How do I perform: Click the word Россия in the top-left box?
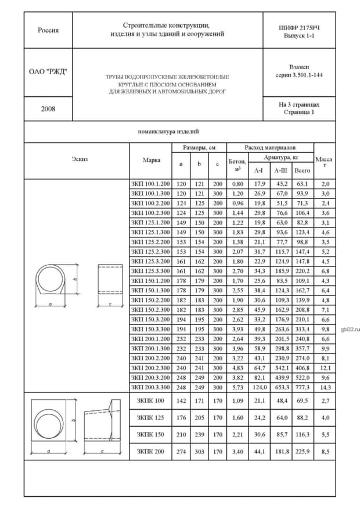pyautogui.click(x=48, y=30)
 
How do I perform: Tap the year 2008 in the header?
pyautogui.click(x=48, y=109)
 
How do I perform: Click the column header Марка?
pyautogui.click(x=151, y=160)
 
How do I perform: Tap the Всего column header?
pyautogui.click(x=302, y=170)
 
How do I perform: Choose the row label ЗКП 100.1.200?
pyautogui.click(x=151, y=184)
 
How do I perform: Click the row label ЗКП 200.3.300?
pyautogui.click(x=151, y=387)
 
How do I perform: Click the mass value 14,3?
pyautogui.click(x=325, y=387)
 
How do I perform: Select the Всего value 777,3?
pyautogui.click(x=302, y=387)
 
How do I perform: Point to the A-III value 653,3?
pyautogui.click(x=281, y=387)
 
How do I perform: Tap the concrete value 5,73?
pyautogui.click(x=237, y=387)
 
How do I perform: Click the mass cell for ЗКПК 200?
pyautogui.click(x=325, y=450)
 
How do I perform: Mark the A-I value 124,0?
pyautogui.click(x=259, y=387)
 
